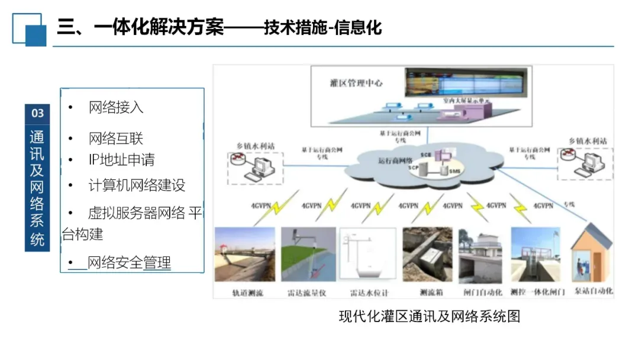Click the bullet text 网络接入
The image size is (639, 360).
pos(116,108)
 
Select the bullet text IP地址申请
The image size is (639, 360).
pos(121,160)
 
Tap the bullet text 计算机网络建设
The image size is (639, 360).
pos(137,185)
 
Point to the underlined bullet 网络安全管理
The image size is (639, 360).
pos(129,262)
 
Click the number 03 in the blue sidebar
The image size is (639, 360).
pos(37,113)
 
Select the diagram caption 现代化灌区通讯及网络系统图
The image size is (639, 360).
pos(429,316)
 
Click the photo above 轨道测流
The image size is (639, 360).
pos(246,255)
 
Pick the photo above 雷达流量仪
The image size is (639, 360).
pos(308,255)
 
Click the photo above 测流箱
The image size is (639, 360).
pos(427,255)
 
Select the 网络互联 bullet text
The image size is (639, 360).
pos(116,139)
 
